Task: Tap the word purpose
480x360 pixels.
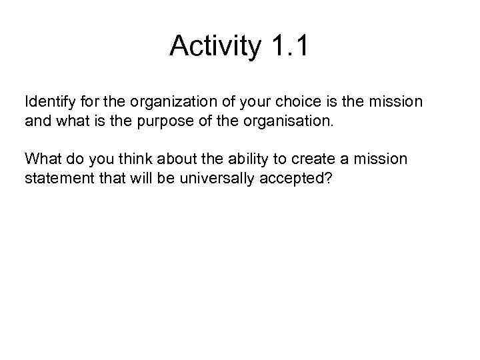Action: (x=191, y=122)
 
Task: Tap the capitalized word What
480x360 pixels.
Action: (x=39, y=160)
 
